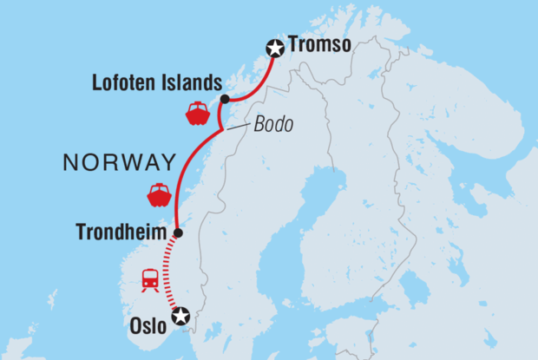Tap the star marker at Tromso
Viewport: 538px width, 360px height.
(x=276, y=49)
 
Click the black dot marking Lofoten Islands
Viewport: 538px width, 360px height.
(x=225, y=99)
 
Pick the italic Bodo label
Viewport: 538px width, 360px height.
(x=273, y=125)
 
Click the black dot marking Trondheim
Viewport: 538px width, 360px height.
(x=178, y=232)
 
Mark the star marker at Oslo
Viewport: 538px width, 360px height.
(x=180, y=317)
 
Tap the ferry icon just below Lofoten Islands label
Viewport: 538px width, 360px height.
(x=197, y=113)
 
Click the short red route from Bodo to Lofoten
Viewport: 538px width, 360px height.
(x=221, y=115)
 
